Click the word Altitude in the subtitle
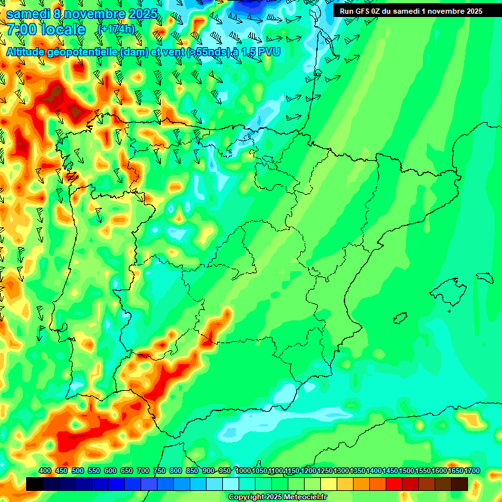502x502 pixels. coord(27,52)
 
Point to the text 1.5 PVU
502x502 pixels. coord(260,52)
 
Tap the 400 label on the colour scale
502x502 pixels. coord(45,471)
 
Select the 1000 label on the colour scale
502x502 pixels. coord(243,471)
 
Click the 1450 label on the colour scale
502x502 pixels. coord(390,471)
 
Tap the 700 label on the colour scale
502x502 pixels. coord(143,471)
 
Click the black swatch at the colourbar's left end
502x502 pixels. coord(35,484)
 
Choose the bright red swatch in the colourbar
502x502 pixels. coord(394,484)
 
